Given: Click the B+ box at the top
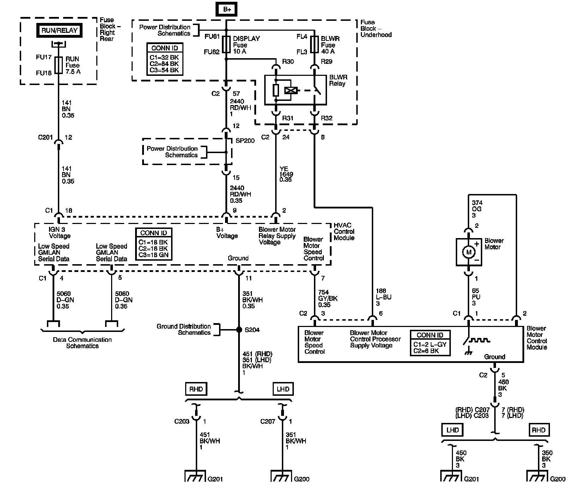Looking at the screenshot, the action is (x=227, y=9).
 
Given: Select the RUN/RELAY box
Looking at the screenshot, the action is (x=59, y=31).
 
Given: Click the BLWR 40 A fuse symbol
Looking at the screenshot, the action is (x=314, y=45).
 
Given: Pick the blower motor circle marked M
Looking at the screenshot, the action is (x=469, y=252).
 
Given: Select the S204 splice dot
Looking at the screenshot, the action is (x=238, y=329).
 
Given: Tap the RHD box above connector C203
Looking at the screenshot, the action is (x=196, y=389).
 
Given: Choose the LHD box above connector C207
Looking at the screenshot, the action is (x=283, y=389).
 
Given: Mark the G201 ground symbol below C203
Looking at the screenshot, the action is (x=195, y=476).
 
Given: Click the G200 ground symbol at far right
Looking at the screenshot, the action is (x=537, y=476).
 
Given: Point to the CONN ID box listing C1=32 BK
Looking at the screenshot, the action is (x=165, y=59).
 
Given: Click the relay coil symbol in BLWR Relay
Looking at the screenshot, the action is (x=291, y=91).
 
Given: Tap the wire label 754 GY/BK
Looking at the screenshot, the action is (x=328, y=298).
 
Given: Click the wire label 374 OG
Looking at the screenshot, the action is (x=477, y=209).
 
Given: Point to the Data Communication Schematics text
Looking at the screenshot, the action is (x=82, y=343).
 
